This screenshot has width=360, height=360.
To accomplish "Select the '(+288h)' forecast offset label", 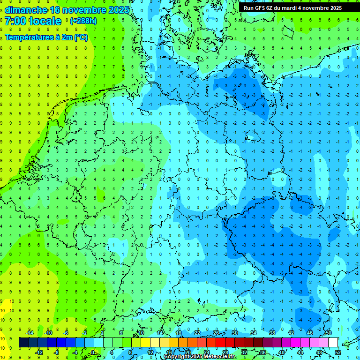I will coord(83,21).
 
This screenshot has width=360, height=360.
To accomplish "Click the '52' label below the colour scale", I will coord(338,352).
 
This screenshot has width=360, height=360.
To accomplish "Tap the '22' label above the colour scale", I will coord(197,333).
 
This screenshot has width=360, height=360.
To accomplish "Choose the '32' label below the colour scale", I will coord(244,352).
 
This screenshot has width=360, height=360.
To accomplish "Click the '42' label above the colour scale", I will coord(291,333).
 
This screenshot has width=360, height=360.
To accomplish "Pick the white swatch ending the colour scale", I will coord(333,343).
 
